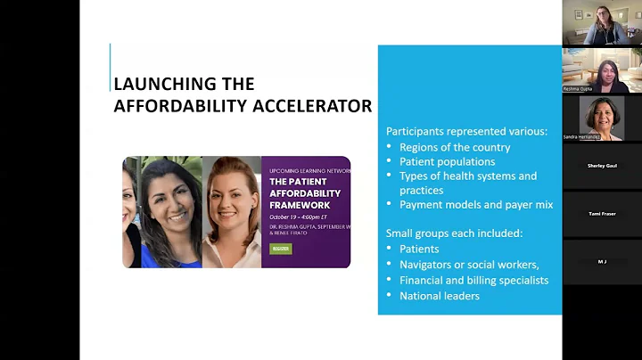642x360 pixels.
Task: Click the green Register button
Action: click(281, 249)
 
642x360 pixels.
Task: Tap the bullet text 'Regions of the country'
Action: click(455, 147)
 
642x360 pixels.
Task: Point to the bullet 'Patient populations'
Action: click(447, 161)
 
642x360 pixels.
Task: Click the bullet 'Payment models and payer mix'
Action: click(476, 204)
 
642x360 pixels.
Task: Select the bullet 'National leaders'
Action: click(440, 295)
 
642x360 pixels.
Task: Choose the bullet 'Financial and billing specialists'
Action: click(473, 280)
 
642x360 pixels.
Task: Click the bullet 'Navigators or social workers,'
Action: click(467, 265)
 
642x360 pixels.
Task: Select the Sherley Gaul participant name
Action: click(602, 166)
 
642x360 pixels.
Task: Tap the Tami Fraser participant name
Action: click(602, 214)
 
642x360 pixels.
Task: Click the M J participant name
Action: click(602, 261)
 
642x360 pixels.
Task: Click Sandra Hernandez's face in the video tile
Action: click(600, 114)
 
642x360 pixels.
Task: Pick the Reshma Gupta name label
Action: click(578, 89)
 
